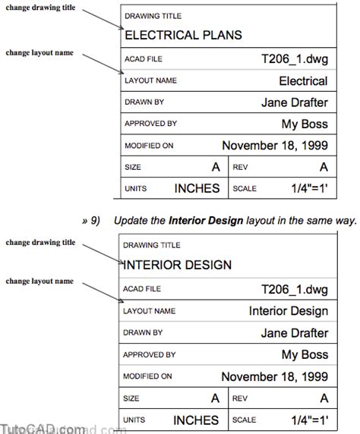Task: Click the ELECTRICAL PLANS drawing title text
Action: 182,35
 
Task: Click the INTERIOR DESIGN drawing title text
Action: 177,266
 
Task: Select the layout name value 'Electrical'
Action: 303,81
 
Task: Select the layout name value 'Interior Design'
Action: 289,311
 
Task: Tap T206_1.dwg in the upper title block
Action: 294,58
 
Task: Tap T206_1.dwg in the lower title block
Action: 294,289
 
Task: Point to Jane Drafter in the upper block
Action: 294,102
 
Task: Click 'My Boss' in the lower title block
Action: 305,354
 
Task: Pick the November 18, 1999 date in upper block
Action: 274,145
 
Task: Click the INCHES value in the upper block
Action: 197,188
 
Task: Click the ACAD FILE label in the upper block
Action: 143,59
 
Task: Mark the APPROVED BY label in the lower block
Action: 150,354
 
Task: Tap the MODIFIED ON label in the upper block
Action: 149,146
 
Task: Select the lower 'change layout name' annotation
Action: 39,281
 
